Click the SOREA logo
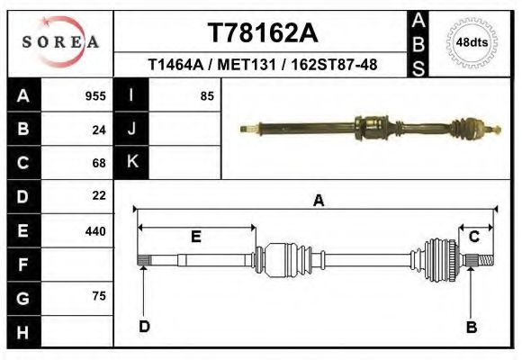[x=59, y=43]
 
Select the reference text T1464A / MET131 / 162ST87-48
[x=262, y=65]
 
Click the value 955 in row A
[x=95, y=96]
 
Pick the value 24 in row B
[x=99, y=130]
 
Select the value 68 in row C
[x=99, y=163]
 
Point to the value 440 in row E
[x=95, y=231]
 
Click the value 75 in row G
[x=99, y=296]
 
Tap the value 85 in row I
[x=206, y=96]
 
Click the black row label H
[x=22, y=333]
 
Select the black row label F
[x=22, y=265]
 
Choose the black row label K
[x=131, y=162]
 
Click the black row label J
[x=131, y=129]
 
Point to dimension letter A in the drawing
[x=318, y=202]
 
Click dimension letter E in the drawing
[x=195, y=237]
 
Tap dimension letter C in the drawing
[x=473, y=237]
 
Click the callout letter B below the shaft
[x=471, y=327]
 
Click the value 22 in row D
[x=99, y=195]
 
